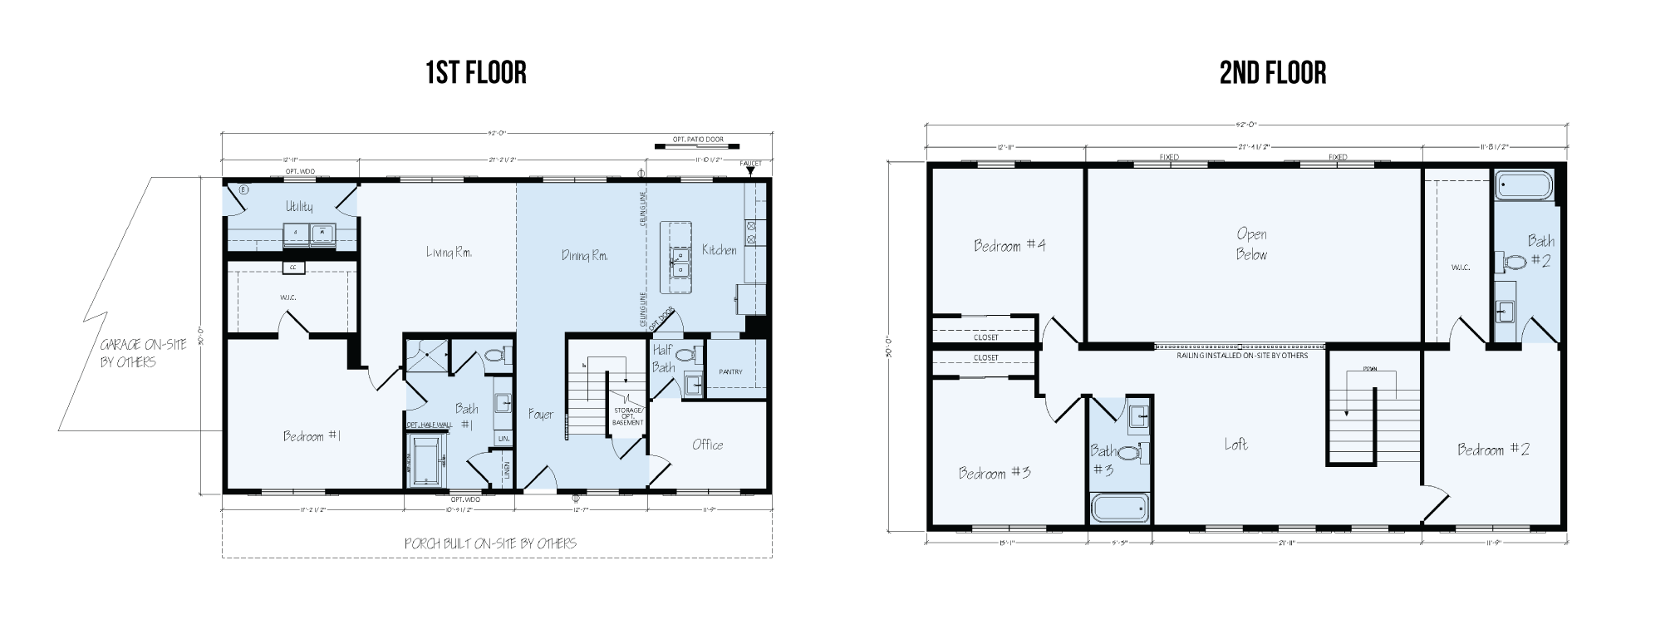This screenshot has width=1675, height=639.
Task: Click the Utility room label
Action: tap(299, 206)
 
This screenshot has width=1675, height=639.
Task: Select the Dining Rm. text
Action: tap(584, 256)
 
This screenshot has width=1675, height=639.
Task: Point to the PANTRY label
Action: tap(730, 371)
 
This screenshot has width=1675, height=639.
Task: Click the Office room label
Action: tap(708, 445)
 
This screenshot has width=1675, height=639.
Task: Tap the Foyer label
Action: tap(541, 414)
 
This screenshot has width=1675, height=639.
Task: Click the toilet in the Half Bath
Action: tap(685, 356)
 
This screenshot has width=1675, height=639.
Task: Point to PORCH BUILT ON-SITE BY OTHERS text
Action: tap(490, 543)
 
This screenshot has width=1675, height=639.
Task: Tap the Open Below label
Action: tap(1251, 244)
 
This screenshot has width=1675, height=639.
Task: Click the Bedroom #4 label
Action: tap(1009, 245)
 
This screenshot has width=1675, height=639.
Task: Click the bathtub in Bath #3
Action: tap(1118, 508)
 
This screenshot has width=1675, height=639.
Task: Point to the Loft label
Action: tap(1235, 444)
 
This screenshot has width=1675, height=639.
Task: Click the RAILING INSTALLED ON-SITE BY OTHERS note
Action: tap(1242, 356)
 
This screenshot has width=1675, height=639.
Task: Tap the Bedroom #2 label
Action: tap(1493, 450)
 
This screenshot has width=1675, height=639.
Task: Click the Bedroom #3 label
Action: tap(995, 473)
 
